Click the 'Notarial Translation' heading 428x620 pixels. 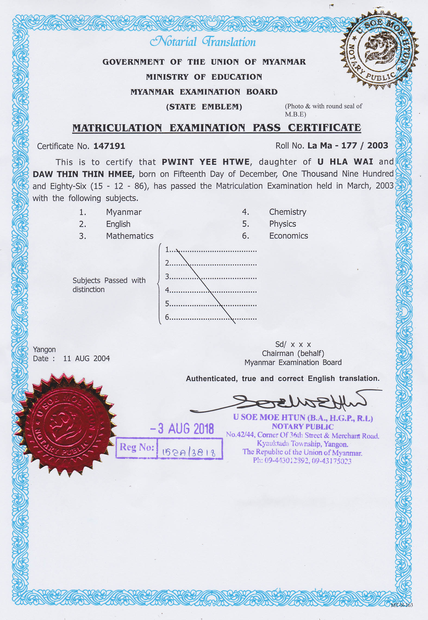(x=203, y=42)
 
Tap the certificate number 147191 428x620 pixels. (x=109, y=146)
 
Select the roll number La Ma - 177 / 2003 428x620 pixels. (x=348, y=146)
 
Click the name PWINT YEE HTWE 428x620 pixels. (x=205, y=162)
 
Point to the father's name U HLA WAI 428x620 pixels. (x=345, y=162)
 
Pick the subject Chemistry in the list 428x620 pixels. (x=288, y=212)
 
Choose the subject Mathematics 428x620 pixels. (x=130, y=236)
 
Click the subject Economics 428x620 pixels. (x=288, y=236)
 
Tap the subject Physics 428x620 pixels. (x=282, y=224)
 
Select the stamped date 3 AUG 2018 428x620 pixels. (x=182, y=429)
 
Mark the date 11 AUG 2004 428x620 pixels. (x=86, y=358)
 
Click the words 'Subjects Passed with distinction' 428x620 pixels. (x=109, y=285)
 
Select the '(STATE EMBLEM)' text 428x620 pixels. (x=204, y=107)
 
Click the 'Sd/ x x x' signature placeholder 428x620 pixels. (x=293, y=345)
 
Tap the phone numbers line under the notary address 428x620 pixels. (x=302, y=461)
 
